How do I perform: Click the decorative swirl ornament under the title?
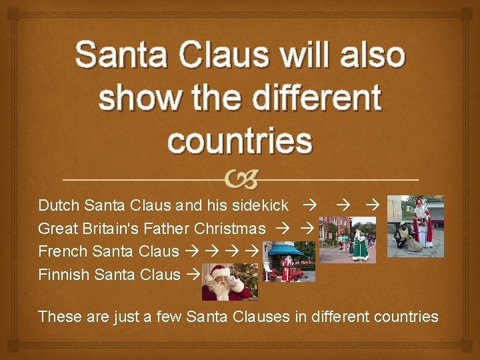(x=240, y=179)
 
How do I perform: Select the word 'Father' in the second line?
(x=171, y=229)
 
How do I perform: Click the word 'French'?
(x=64, y=251)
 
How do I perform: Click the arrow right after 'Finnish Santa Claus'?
(x=192, y=274)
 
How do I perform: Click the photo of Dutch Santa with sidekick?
(x=415, y=223)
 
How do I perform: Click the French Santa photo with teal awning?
(x=290, y=262)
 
